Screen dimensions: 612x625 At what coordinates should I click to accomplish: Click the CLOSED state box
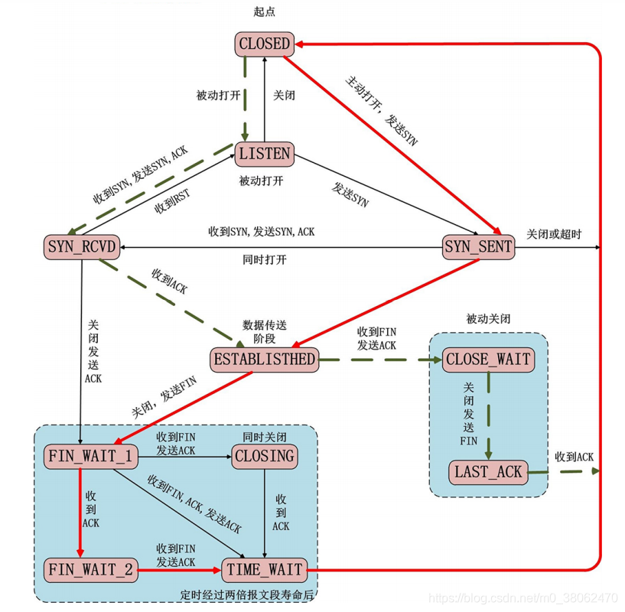[x=265, y=44]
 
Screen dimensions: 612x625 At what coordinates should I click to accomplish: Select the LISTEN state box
[x=265, y=154]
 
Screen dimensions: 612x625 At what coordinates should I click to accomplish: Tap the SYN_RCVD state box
[x=81, y=247]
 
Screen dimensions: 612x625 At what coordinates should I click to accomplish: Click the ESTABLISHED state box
[x=263, y=358]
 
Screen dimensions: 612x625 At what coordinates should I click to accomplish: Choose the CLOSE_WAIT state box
[x=487, y=359]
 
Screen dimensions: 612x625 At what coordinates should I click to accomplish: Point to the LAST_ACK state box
[x=488, y=471]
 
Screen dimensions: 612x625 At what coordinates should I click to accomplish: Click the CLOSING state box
[x=265, y=457]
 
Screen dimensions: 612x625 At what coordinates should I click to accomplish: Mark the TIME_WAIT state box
[x=265, y=569]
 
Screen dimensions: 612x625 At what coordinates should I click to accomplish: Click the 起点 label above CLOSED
[x=264, y=11]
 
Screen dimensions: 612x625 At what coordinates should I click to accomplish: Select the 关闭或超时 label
[x=554, y=233]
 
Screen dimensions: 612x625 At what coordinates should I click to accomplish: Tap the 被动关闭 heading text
[x=487, y=317]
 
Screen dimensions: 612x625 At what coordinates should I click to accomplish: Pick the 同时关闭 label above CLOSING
[x=264, y=435]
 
